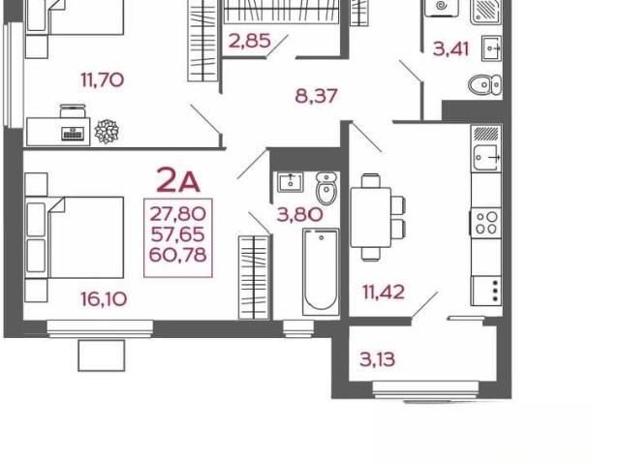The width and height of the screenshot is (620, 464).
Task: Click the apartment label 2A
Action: click(x=178, y=180)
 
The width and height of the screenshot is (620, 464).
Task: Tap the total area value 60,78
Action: click(x=178, y=255)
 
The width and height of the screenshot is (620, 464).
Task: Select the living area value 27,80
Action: click(x=178, y=214)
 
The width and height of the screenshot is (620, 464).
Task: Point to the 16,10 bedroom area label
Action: click(x=104, y=298)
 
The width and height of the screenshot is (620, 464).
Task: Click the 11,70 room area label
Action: click(x=103, y=79)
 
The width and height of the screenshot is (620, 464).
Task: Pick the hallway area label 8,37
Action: click(x=317, y=96)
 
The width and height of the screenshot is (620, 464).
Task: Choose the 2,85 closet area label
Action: click(x=250, y=41)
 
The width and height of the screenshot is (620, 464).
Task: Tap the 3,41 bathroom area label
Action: click(x=450, y=49)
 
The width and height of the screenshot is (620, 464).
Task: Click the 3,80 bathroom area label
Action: click(x=300, y=215)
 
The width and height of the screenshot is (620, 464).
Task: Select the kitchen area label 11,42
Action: click(x=384, y=293)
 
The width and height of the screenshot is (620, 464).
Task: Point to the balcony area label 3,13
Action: click(x=377, y=359)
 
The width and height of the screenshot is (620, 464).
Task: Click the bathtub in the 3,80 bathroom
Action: click(x=321, y=272)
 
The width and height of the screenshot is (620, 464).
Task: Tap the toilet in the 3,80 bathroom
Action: click(x=327, y=188)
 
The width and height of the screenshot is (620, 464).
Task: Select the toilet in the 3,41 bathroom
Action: click(x=484, y=84)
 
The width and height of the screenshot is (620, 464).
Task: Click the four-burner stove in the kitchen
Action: click(x=486, y=223)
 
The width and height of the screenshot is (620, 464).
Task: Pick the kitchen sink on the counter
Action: click(x=486, y=157)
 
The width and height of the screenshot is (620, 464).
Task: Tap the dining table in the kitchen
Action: click(x=371, y=217)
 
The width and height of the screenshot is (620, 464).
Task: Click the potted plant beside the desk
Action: click(x=107, y=131)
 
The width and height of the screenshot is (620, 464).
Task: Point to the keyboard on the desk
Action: click(x=73, y=134)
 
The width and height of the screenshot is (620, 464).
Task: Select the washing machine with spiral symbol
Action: click(x=442, y=8)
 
